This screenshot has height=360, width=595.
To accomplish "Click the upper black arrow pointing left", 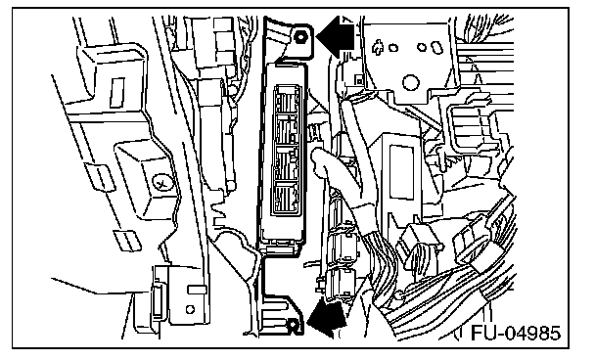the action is [x=335, y=37].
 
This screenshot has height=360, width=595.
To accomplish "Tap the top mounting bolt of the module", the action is [x=300, y=37].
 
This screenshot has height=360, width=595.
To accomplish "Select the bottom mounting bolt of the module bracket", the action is [x=293, y=325].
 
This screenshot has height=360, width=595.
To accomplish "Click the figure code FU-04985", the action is [x=516, y=333].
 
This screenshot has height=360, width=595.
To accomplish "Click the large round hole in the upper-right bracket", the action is [x=411, y=81].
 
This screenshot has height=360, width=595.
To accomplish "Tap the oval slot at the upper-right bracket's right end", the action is [x=435, y=48].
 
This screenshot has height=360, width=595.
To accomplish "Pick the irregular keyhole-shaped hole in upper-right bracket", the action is [x=378, y=47].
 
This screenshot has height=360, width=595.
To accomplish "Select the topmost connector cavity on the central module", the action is [x=287, y=100].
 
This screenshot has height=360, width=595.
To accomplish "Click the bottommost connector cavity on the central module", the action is [x=286, y=198].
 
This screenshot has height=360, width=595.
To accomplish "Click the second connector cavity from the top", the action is [x=287, y=130].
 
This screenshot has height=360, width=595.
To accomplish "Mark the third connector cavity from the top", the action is [x=286, y=163].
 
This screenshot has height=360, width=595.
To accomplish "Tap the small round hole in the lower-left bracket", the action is [x=190, y=309].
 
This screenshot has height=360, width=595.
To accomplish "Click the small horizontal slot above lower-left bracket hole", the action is [x=197, y=291].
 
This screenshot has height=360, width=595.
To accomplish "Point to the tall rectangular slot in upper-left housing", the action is [x=116, y=93].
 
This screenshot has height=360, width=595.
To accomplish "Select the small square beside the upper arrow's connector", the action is [x=358, y=80].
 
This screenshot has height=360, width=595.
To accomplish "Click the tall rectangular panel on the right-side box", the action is [x=401, y=171].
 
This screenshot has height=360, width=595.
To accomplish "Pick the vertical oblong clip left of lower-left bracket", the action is [x=158, y=300].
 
